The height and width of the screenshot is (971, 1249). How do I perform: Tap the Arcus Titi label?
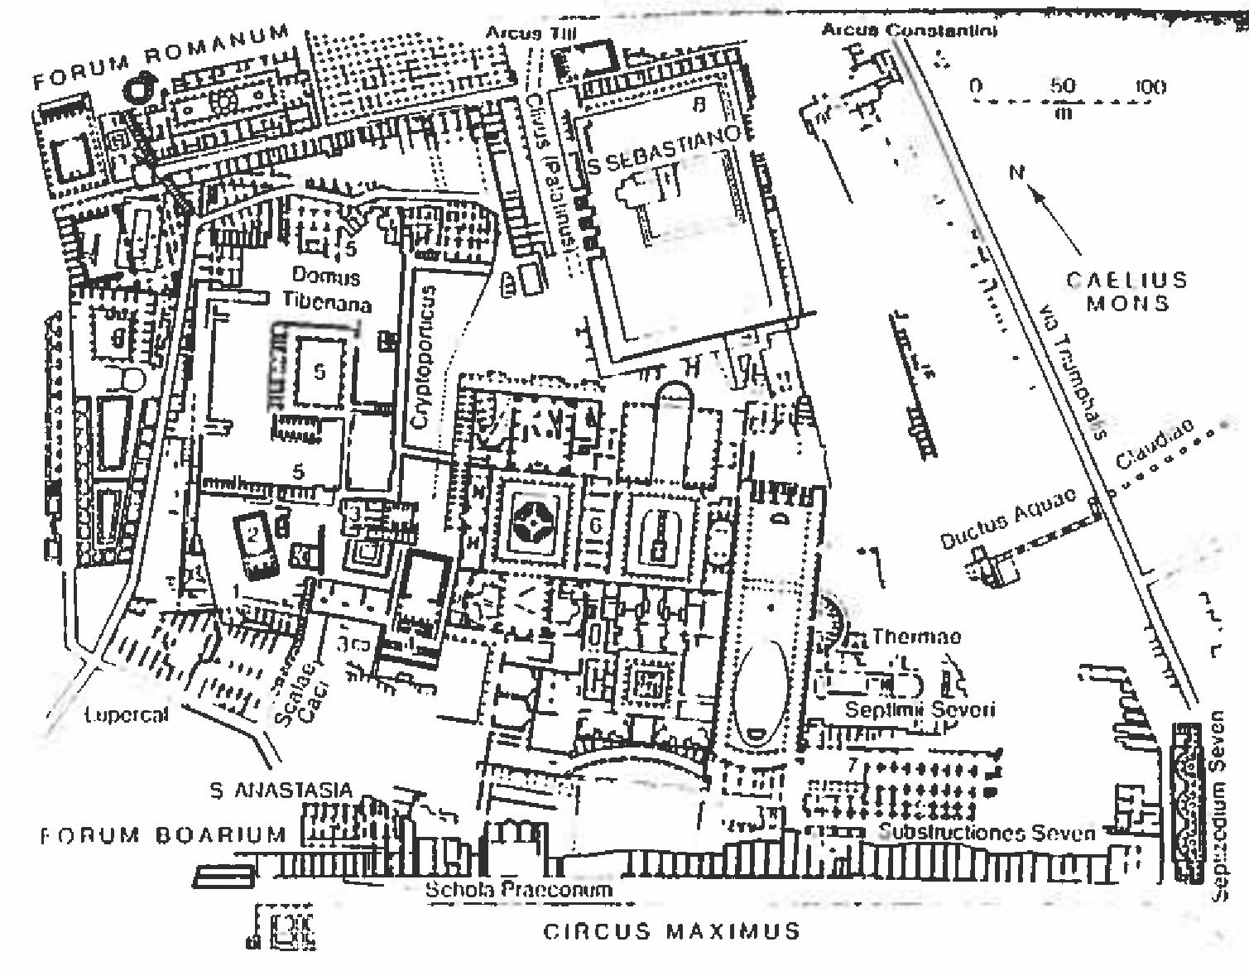(531, 32)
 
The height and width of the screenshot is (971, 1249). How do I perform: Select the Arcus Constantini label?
(908, 31)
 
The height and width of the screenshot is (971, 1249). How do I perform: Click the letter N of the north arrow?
(1017, 172)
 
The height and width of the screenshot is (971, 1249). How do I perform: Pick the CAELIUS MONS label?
(1127, 291)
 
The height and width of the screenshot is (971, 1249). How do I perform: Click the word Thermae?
(916, 637)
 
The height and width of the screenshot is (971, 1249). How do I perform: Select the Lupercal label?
(126, 714)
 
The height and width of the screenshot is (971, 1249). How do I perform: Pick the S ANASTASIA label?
(281, 791)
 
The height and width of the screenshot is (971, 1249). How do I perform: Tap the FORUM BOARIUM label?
(163, 834)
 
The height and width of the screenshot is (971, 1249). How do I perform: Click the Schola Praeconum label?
(518, 890)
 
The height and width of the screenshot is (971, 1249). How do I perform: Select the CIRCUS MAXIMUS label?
(671, 931)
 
